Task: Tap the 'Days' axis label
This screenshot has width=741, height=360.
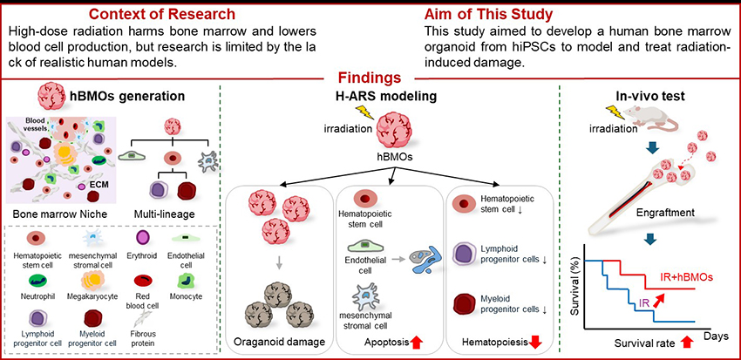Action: click(716, 335)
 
